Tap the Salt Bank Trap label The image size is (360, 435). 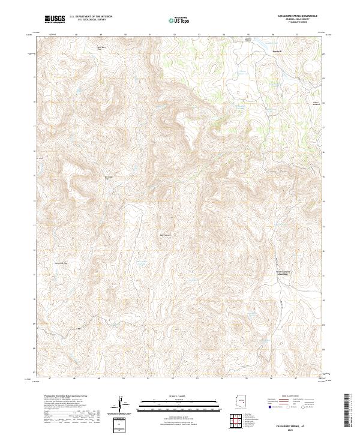pos(101,47)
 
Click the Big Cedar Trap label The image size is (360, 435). pos(109,177)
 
